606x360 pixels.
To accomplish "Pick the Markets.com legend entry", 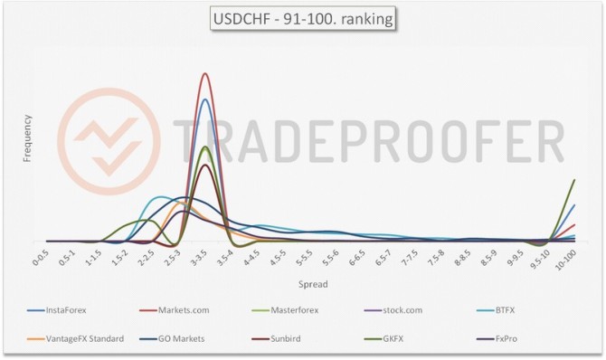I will pyautogui.click(x=183, y=310).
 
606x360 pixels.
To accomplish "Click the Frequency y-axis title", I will pyautogui.click(x=28, y=138).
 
